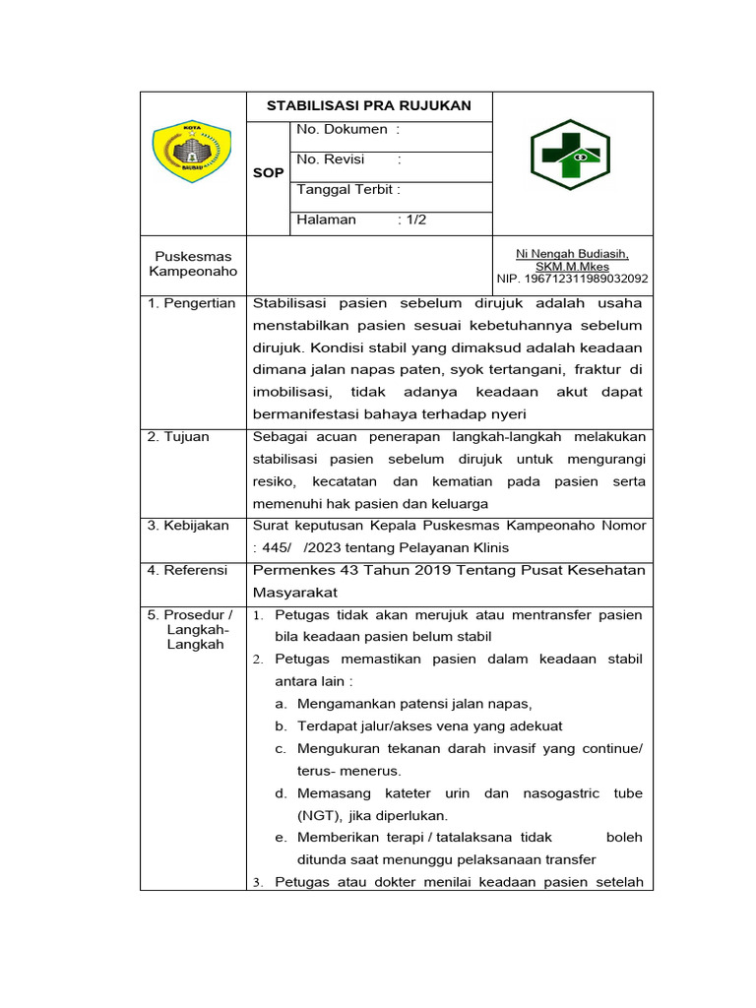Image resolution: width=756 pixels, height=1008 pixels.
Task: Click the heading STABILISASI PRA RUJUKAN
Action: coord(368,106)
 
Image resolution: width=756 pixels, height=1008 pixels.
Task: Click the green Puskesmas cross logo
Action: coord(571,156)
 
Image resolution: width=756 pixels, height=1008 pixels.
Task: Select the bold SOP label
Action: coord(268,172)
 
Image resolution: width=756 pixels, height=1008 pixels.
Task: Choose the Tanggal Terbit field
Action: coord(347,190)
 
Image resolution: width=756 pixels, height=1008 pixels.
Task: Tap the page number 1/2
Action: coord(411,220)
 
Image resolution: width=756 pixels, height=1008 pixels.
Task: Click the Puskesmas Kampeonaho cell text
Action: coord(193,264)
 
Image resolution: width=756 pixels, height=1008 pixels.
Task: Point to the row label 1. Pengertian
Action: coord(192,303)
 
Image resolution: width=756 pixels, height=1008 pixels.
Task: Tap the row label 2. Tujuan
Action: coord(178,437)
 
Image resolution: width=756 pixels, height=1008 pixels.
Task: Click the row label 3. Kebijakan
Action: coord(187,526)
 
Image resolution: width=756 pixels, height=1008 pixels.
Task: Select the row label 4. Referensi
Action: coord(187,570)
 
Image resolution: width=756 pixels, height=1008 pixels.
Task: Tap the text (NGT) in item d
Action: coord(317,815)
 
